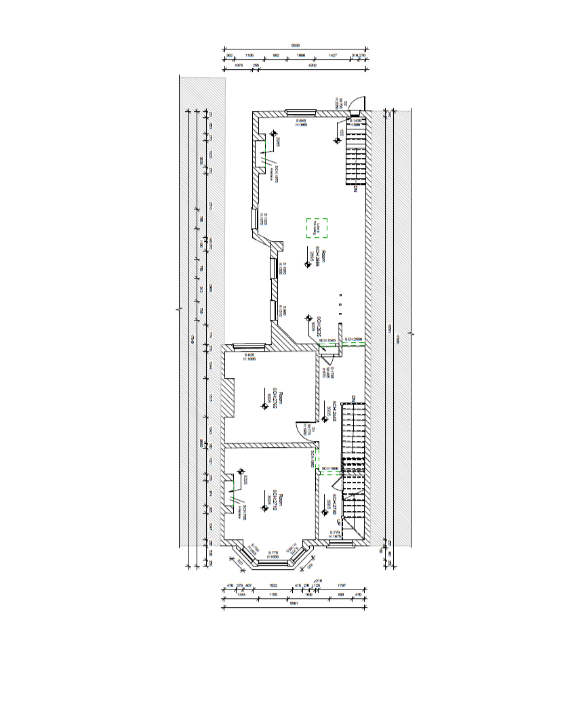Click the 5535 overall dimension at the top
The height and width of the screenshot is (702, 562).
point(295,45)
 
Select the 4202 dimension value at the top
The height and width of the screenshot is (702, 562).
point(313,66)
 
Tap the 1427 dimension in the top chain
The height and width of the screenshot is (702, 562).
point(332,56)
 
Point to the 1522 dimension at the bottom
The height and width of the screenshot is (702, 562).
point(273,585)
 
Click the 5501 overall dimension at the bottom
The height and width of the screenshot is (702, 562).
point(293,603)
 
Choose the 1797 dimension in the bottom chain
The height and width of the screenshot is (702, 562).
point(342,585)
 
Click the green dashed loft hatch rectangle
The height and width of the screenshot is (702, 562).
point(317,228)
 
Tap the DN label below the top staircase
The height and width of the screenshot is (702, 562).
point(354,189)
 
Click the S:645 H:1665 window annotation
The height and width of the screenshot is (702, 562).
point(302,123)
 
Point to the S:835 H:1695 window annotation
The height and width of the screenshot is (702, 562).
point(249,356)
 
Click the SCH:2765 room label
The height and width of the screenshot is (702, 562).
point(275,400)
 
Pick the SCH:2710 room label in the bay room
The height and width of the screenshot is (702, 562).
point(275,501)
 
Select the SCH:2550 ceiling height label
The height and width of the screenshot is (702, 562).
point(354,339)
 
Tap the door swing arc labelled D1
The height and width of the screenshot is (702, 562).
point(300,430)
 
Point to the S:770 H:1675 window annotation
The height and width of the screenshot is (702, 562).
point(335,535)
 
